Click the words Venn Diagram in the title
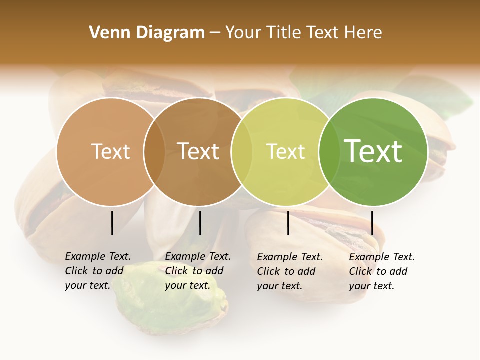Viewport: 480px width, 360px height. point(147,33)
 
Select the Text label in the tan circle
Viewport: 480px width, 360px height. point(110,151)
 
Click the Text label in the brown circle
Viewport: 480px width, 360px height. point(198,151)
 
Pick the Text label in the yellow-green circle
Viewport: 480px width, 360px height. point(285,151)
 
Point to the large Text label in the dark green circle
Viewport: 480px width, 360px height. point(373,151)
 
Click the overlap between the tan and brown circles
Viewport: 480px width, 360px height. point(154,152)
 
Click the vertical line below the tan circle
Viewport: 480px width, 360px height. point(112,223)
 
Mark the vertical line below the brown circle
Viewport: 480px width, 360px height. point(200,223)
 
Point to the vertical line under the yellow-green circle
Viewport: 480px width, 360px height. point(288,223)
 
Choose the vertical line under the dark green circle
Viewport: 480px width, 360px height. point(372,223)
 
